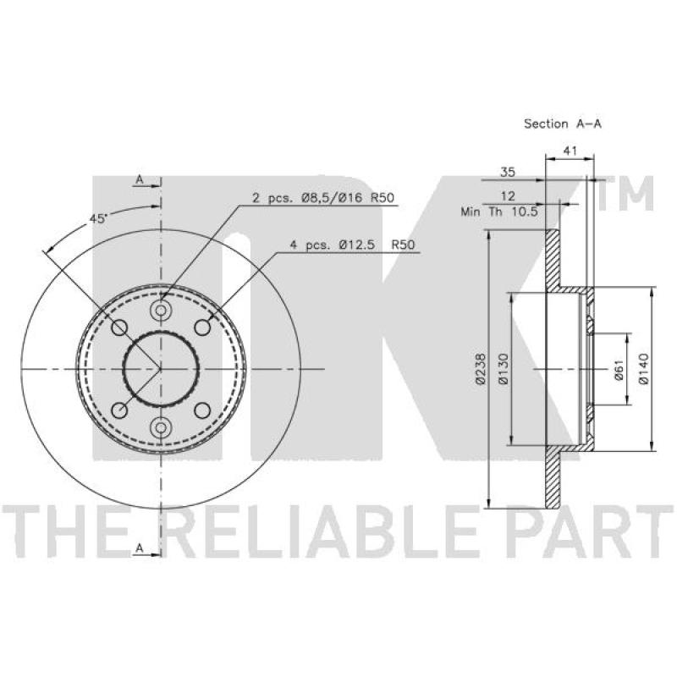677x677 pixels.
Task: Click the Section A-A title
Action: tap(562, 124)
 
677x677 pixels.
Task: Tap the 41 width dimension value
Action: tap(570, 151)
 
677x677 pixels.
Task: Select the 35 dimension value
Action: tap(508, 173)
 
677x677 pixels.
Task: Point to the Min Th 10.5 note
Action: tap(499, 212)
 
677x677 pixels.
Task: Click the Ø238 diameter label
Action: tap(481, 369)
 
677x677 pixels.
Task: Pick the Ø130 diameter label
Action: tap(504, 369)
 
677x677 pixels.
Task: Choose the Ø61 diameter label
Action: tap(619, 371)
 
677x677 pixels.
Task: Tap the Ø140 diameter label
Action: tap(643, 369)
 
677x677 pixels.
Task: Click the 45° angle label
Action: tap(98, 219)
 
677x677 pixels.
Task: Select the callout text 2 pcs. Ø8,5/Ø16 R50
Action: tap(323, 198)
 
